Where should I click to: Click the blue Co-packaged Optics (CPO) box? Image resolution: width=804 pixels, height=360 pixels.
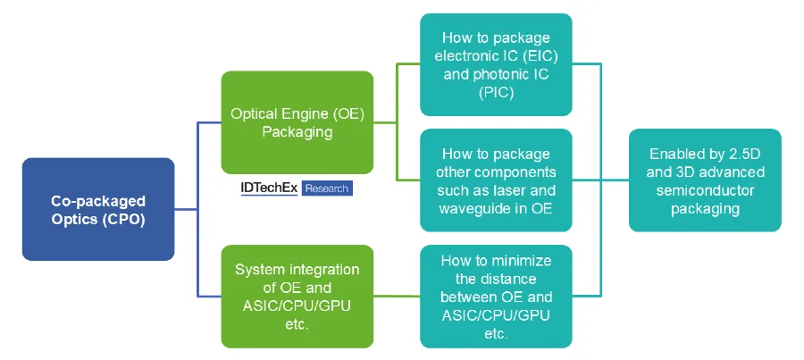pyautogui.click(x=98, y=209)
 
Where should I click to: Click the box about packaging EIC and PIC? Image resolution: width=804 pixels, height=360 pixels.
pyautogui.click(x=496, y=64)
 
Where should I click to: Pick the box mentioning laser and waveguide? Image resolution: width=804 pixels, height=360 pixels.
pyautogui.click(x=496, y=180)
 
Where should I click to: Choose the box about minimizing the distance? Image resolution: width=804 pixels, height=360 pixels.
pyautogui.click(x=496, y=297)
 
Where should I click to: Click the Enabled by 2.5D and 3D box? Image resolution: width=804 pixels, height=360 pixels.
pyautogui.click(x=705, y=180)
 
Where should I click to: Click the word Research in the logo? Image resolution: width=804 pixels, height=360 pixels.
pyautogui.click(x=327, y=188)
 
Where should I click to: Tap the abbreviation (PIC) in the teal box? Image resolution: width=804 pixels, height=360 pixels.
pyautogui.click(x=496, y=92)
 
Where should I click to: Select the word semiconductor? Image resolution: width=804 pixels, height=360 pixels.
pyautogui.click(x=705, y=189)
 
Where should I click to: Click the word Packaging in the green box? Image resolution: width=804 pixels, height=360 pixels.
pyautogui.click(x=297, y=132)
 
